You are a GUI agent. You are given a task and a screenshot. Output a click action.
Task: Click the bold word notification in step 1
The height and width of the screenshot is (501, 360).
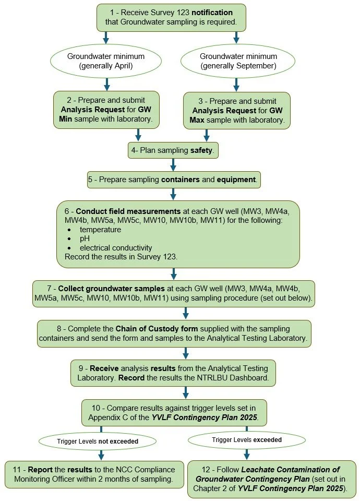(x=212, y=13)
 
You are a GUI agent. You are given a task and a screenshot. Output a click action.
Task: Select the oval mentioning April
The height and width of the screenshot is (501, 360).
(x=106, y=61)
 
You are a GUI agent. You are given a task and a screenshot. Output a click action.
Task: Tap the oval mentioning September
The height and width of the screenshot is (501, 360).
(x=238, y=61)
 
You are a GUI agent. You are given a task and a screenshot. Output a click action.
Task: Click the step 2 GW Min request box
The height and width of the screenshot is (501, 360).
(x=106, y=110)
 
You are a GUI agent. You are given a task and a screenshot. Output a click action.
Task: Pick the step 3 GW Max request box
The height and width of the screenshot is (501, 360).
(x=237, y=111)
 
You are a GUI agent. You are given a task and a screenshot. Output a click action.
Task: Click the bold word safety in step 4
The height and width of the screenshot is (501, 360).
(x=201, y=150)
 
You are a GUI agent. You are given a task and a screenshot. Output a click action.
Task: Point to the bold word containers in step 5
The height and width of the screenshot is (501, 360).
(x=181, y=180)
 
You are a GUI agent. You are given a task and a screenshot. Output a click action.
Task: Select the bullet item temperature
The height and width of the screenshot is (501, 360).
(x=100, y=230)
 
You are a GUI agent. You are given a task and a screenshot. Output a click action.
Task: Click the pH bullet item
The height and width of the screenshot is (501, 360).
(x=85, y=238)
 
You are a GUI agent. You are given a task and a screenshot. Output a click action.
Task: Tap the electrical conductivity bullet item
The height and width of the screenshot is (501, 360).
(x=116, y=248)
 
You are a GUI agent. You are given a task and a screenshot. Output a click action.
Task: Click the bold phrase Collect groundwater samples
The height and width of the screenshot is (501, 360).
(x=111, y=289)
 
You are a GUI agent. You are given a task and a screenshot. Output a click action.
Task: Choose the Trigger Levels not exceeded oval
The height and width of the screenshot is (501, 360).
(x=98, y=442)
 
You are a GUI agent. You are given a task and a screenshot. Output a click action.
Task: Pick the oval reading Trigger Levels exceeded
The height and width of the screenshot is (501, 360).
(x=247, y=440)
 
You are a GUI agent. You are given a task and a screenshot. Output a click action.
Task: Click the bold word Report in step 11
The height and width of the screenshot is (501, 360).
(x=40, y=470)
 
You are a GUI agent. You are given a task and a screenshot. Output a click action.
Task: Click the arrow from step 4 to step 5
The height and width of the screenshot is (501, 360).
(x=173, y=164)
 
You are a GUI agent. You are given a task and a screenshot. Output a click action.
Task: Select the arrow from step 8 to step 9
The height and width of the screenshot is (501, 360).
(x=186, y=353)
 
